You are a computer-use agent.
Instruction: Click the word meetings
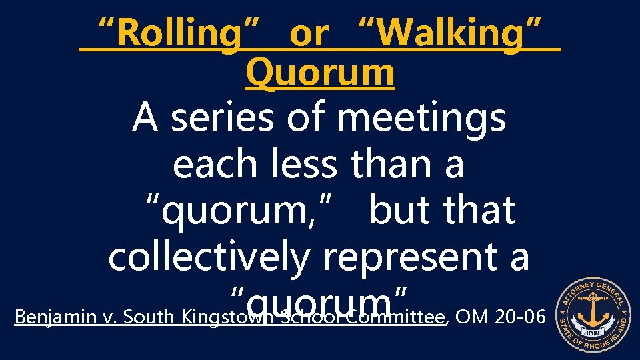[x=421, y=119]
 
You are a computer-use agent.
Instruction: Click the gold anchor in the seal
[x=593, y=311]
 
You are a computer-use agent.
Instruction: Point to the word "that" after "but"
[x=481, y=210]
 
